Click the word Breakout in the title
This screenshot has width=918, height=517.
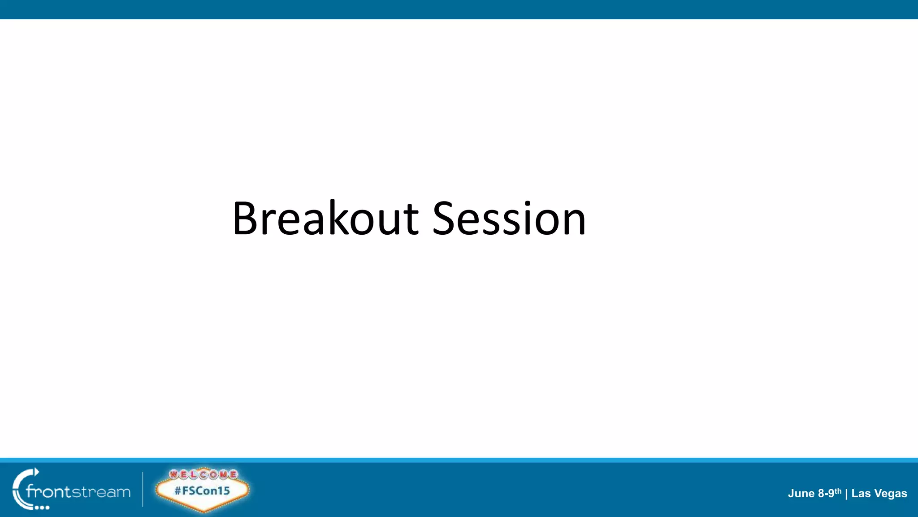[325, 219]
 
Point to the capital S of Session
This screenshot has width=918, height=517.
[447, 219]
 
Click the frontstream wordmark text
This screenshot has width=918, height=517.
[78, 492]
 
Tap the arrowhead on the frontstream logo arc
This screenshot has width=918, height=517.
[37, 471]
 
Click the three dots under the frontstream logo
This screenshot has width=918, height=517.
[42, 508]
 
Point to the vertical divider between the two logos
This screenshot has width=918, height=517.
[143, 489]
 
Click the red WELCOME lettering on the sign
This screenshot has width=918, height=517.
[203, 474]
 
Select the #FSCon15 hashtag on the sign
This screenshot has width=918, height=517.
[202, 491]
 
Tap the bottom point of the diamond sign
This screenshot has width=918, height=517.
[204, 510]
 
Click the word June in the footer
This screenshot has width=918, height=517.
[801, 494]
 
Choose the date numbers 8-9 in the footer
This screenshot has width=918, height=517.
[826, 494]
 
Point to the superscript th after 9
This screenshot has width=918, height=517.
[838, 491]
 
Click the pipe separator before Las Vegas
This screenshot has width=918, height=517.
[846, 494]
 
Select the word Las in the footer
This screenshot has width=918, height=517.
[861, 494]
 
